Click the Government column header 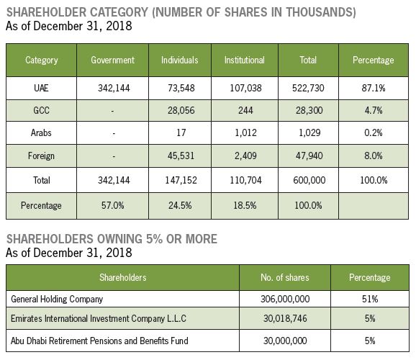click(112, 60)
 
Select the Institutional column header click(245, 60)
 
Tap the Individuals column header click(180, 60)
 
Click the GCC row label click(41, 110)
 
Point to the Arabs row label click(41, 132)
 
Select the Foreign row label click(41, 156)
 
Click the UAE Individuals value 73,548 click(181, 88)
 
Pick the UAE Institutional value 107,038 click(245, 88)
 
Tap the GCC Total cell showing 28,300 click(309, 110)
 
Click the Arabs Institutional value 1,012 click(245, 132)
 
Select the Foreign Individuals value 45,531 click(181, 156)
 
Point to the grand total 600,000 click(309, 180)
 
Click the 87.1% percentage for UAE click(374, 88)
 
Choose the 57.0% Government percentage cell click(112, 205)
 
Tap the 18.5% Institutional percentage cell click(245, 205)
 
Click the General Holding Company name click(57, 300)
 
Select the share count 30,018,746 click(285, 318)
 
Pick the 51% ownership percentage click(370, 300)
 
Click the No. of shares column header click(285, 277)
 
